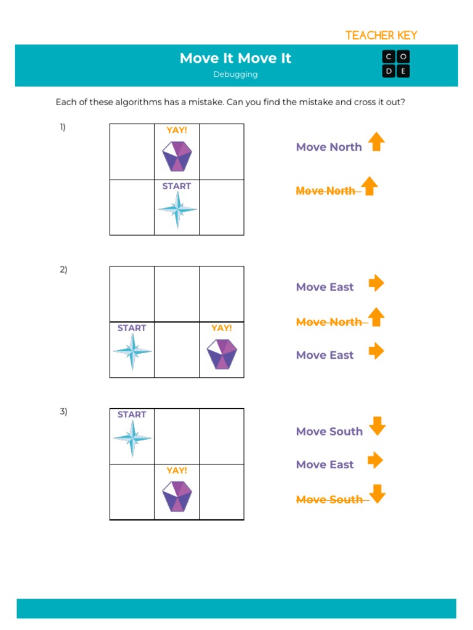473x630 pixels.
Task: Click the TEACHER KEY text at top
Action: [x=381, y=35]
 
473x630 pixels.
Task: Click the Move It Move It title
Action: [x=235, y=58]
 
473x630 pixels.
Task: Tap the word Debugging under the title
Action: [x=235, y=74]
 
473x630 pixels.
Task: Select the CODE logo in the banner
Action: [x=396, y=64]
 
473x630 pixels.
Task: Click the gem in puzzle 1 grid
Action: [x=177, y=156]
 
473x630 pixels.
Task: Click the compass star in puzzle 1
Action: [x=177, y=210]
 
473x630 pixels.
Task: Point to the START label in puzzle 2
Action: [x=132, y=328]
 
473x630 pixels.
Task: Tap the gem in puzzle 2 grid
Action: [x=222, y=354]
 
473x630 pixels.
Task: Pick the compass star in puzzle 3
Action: [x=132, y=439]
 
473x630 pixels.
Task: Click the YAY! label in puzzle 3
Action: [x=177, y=470]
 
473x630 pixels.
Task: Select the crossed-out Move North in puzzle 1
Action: [x=326, y=191]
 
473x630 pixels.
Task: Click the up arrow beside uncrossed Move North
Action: [x=376, y=142]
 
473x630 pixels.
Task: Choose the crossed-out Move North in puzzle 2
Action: [x=329, y=322]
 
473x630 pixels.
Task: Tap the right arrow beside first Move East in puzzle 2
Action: [x=376, y=283]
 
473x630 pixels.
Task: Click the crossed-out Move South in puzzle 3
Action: [x=329, y=500]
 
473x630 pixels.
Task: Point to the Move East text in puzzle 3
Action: [x=325, y=465]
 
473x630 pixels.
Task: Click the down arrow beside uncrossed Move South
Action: [x=377, y=426]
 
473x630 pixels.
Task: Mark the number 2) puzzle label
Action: [x=63, y=269]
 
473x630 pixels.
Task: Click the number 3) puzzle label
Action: [x=63, y=412]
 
